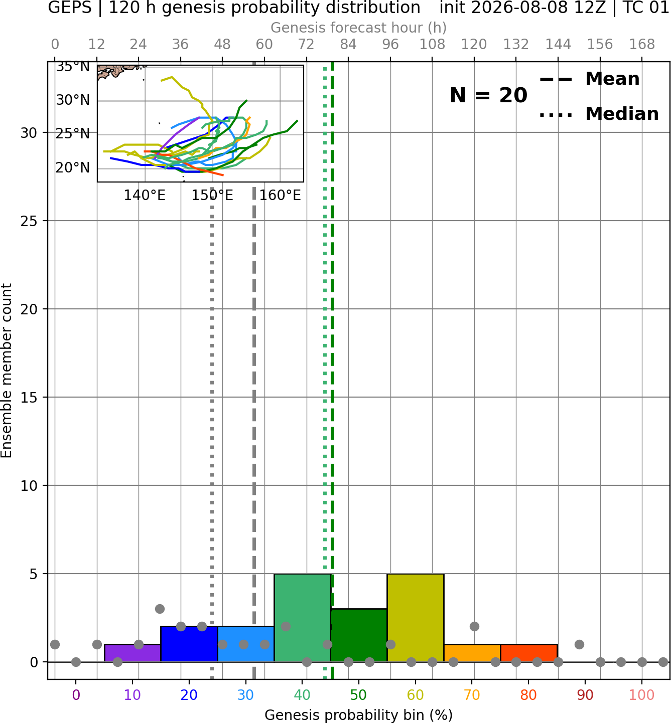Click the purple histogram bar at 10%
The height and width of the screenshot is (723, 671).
[x=132, y=653]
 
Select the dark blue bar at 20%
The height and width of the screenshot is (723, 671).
[x=189, y=644]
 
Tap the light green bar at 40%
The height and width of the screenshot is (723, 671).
[x=303, y=618]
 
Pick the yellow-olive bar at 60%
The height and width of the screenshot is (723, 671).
[x=416, y=618]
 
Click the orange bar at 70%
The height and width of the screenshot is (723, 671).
[x=472, y=653]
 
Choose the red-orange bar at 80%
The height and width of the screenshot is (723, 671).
[x=529, y=653]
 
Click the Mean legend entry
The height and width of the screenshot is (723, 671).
[x=589, y=79]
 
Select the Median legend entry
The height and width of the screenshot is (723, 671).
[x=599, y=114]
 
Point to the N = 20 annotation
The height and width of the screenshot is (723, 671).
[x=488, y=95]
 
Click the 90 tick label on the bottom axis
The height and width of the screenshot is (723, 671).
[x=585, y=695]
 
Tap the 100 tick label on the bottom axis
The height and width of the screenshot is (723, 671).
[x=642, y=695]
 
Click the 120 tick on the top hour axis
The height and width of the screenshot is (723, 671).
[x=474, y=45]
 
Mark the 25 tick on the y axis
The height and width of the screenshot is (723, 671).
[x=29, y=221]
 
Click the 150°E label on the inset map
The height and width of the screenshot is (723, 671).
[x=212, y=196]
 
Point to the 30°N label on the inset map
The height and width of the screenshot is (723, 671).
[x=73, y=100]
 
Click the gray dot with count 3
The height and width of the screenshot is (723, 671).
[x=160, y=609]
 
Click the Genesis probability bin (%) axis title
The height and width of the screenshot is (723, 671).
[x=359, y=715]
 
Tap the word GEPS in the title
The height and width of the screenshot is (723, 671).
[x=70, y=8]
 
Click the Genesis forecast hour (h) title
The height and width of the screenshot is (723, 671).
[x=359, y=28]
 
